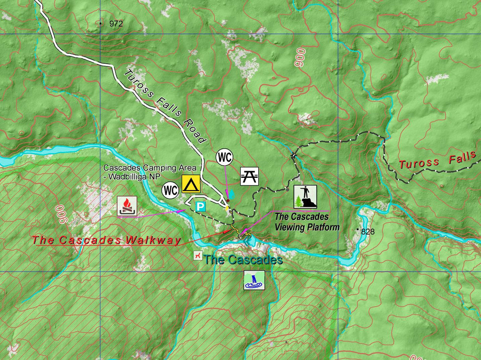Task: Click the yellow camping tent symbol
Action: tap(191, 184)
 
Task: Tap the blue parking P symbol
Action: tap(200, 207)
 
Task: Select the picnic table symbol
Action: tap(250, 176)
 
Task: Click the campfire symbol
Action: tap(127, 207)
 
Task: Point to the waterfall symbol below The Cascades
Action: tap(255, 280)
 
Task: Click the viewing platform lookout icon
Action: tap(305, 197)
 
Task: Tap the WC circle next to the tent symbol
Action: tap(170, 191)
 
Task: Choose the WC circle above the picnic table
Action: tap(224, 157)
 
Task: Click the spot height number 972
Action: tap(116, 24)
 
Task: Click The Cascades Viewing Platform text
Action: tap(307, 222)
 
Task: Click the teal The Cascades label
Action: tap(243, 260)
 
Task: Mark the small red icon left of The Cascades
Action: tap(197, 255)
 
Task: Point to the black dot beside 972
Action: tap(101, 24)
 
